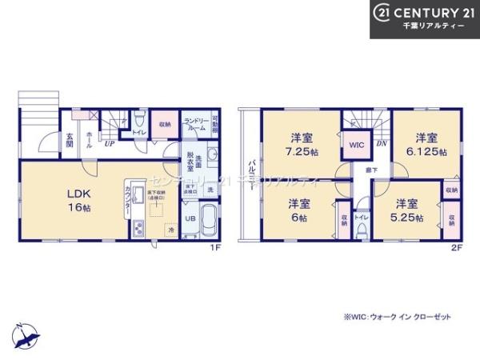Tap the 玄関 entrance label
(x=70, y=140)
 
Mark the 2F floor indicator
(x=456, y=247)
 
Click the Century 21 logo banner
(x=424, y=18)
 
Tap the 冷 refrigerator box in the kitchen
(x=170, y=230)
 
